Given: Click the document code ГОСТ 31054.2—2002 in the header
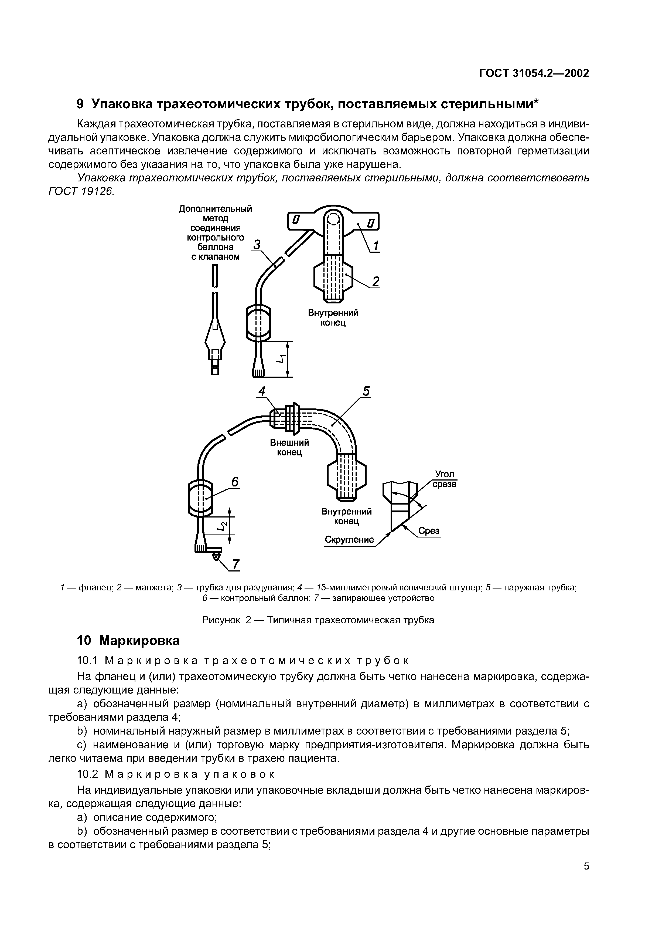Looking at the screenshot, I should (x=534, y=73).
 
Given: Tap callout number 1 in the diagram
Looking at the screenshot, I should (x=375, y=246).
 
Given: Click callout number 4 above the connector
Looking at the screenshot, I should (x=262, y=391).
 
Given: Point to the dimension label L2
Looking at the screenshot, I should (x=222, y=526).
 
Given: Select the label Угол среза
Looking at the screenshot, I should (x=444, y=479).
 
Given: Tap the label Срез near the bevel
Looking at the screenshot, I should (x=429, y=531).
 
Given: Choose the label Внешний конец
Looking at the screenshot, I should (x=289, y=447).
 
